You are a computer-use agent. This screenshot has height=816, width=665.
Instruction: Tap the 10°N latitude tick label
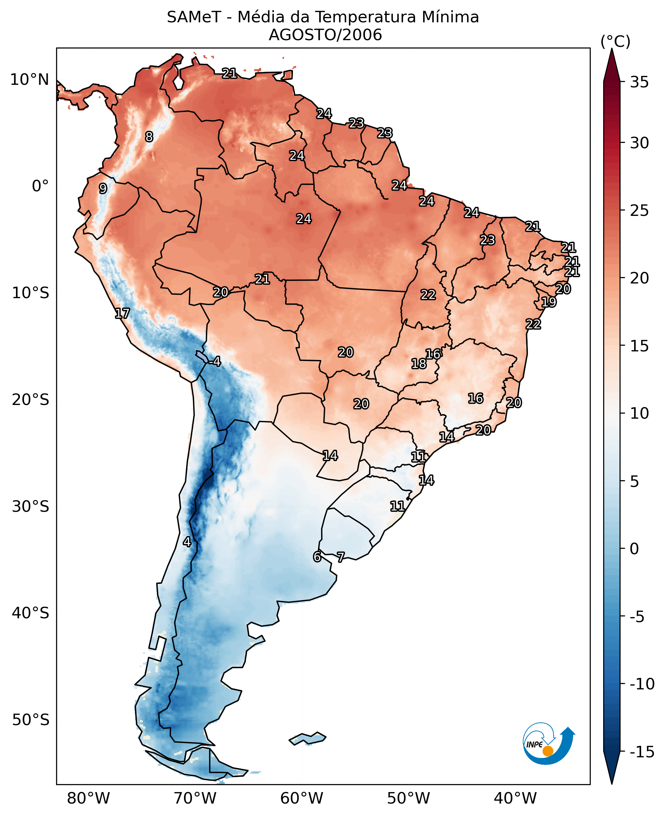(x=30, y=80)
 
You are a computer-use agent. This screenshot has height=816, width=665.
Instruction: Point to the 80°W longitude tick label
(x=89, y=798)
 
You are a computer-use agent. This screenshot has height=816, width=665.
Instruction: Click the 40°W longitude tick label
(x=515, y=798)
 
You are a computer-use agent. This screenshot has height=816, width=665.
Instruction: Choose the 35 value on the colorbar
(x=639, y=82)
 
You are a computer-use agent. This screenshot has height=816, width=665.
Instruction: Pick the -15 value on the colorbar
(x=642, y=752)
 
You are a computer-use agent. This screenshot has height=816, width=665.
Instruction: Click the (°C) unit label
(x=615, y=41)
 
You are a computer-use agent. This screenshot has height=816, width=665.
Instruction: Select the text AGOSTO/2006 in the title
(x=325, y=35)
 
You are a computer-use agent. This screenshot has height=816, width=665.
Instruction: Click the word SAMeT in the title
(x=194, y=17)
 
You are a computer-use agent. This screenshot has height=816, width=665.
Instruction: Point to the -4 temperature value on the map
(x=215, y=361)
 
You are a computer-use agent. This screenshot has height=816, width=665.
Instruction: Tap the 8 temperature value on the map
(x=149, y=136)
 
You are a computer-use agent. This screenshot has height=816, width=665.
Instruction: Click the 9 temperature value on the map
(x=103, y=188)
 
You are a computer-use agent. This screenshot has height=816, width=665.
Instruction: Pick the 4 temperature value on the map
(x=187, y=542)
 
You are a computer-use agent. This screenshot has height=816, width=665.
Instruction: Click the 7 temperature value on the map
(x=340, y=557)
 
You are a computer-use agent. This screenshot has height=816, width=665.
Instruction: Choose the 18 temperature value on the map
(x=419, y=363)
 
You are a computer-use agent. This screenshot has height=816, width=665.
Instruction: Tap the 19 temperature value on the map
(x=549, y=302)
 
